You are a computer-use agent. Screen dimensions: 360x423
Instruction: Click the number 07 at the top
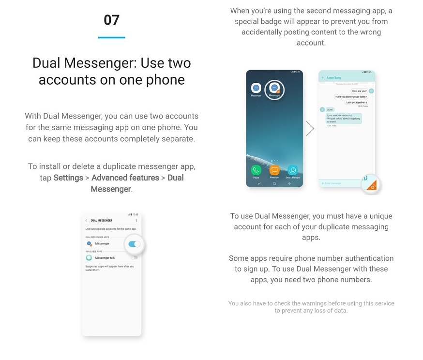[x=111, y=20]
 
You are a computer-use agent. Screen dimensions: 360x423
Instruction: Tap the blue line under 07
[x=111, y=37]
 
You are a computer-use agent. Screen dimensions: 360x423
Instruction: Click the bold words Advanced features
[x=125, y=178]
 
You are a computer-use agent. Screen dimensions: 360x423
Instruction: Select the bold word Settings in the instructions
[x=68, y=178]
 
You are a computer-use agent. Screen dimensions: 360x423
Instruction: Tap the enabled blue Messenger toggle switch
[x=135, y=244]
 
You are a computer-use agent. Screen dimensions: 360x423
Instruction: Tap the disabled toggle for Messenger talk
[x=134, y=257]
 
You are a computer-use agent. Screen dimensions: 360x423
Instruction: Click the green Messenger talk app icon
[x=89, y=257]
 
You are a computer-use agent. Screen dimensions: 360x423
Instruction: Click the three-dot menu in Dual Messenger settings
[x=136, y=221]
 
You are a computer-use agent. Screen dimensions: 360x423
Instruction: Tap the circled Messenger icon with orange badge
[x=274, y=89]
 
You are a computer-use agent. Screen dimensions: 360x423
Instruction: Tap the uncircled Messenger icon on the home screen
[x=256, y=88]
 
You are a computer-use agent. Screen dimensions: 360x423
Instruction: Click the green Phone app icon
[x=256, y=170]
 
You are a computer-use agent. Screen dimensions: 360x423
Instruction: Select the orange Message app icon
[x=274, y=170]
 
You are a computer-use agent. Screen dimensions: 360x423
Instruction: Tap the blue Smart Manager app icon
[x=292, y=170]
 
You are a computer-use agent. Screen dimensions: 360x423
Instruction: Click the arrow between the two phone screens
[x=310, y=129]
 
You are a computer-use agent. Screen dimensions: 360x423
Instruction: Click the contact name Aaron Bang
[x=334, y=78]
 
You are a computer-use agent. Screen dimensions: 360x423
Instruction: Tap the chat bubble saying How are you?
[x=359, y=91]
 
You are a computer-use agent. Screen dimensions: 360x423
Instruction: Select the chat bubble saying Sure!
[x=330, y=110]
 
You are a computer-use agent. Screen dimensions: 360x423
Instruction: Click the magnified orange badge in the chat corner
[x=372, y=184]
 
